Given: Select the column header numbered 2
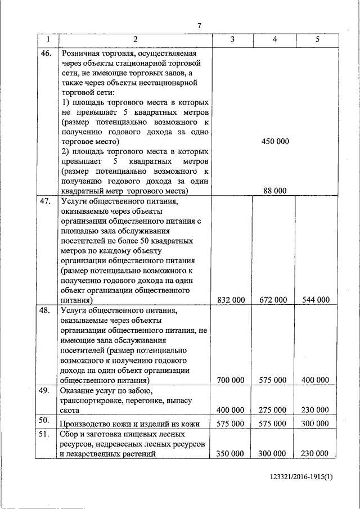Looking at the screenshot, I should tap(135, 40).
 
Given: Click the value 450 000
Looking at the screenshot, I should tap(275, 141).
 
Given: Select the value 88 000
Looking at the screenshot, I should tap(275, 191).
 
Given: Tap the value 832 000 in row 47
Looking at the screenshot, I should tap(231, 300).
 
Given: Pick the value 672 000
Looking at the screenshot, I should tap(273, 300).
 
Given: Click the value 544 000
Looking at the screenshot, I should tap(315, 300).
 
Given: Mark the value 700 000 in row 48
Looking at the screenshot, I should tap(231, 381).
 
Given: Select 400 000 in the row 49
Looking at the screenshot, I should tap(231, 410).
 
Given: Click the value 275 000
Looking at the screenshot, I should tap(273, 410).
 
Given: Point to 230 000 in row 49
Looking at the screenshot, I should tap(315, 410).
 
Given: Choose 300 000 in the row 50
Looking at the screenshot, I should tap(315, 424).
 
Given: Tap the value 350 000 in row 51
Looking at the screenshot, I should tap(231, 453).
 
